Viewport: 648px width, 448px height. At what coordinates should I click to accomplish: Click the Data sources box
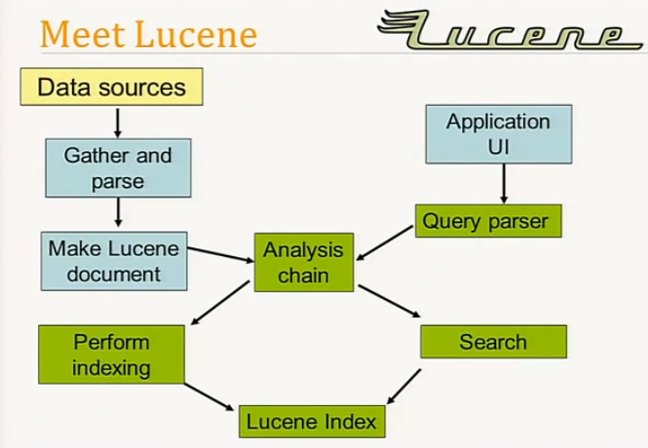(x=111, y=87)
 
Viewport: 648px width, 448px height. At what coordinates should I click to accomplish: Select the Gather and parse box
(x=117, y=168)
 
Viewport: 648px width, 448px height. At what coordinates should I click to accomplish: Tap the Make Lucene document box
(x=114, y=260)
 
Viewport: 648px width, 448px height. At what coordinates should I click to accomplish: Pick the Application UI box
(x=498, y=134)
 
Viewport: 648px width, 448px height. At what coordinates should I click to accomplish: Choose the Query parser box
(x=484, y=221)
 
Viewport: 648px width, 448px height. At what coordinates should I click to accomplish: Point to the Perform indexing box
(x=110, y=355)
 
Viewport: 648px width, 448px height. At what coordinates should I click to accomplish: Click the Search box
(x=492, y=342)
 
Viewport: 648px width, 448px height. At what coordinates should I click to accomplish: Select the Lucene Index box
(x=310, y=422)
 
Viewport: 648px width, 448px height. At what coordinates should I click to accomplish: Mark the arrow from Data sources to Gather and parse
(x=117, y=122)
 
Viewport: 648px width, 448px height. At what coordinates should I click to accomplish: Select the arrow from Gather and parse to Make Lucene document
(x=117, y=213)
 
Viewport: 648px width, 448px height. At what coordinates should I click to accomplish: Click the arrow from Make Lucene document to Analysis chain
(x=220, y=255)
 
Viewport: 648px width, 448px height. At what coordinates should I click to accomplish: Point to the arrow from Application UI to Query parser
(x=503, y=184)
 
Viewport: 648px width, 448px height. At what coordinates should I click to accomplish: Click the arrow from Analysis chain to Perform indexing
(x=221, y=303)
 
